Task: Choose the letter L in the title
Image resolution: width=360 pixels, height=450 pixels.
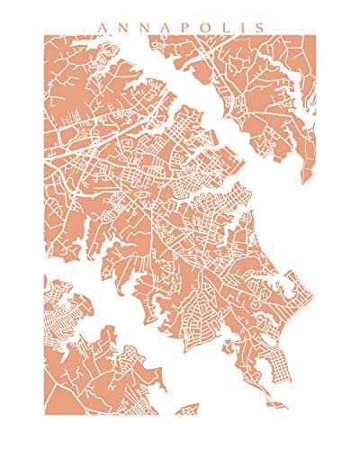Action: pyautogui.click(x=224, y=26)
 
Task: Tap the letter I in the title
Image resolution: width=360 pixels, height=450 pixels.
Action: pyautogui.click(x=241, y=26)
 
